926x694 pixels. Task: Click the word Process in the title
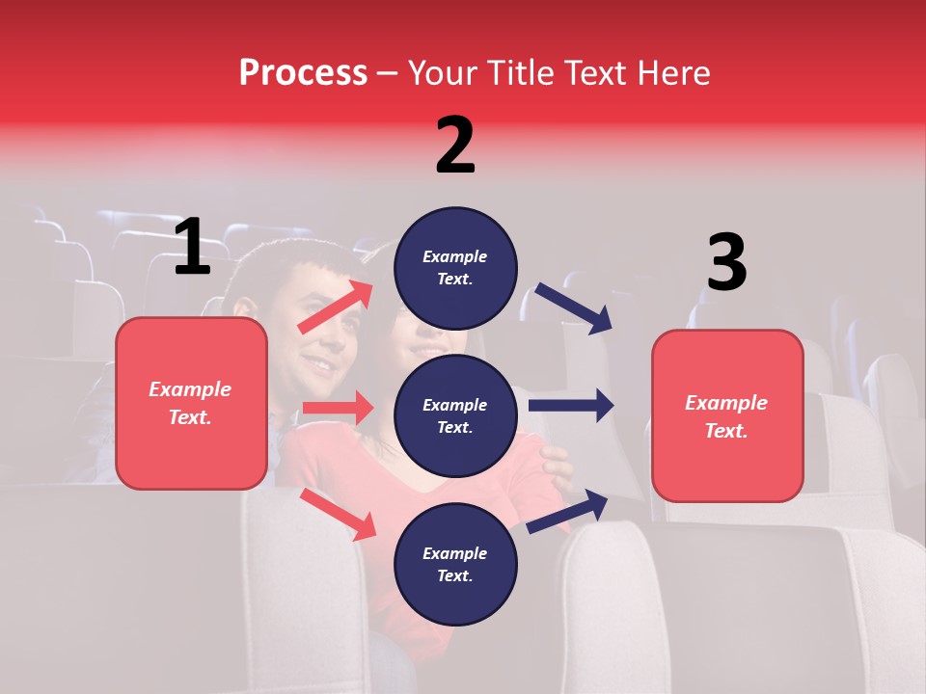click(303, 73)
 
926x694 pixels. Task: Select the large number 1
click(192, 248)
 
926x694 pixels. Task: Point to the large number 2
click(455, 146)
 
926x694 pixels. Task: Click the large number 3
click(726, 262)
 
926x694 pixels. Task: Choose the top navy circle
click(455, 268)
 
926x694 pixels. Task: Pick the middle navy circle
click(455, 416)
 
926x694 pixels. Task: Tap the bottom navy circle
click(455, 564)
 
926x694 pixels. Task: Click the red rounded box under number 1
click(191, 403)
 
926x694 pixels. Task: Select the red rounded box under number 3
click(727, 416)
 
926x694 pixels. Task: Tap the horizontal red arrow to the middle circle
click(339, 408)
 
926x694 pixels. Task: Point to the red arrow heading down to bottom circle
click(339, 514)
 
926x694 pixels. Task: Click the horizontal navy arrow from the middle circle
click(571, 405)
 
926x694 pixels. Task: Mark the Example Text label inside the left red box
click(190, 403)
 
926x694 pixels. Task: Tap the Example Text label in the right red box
click(726, 416)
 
